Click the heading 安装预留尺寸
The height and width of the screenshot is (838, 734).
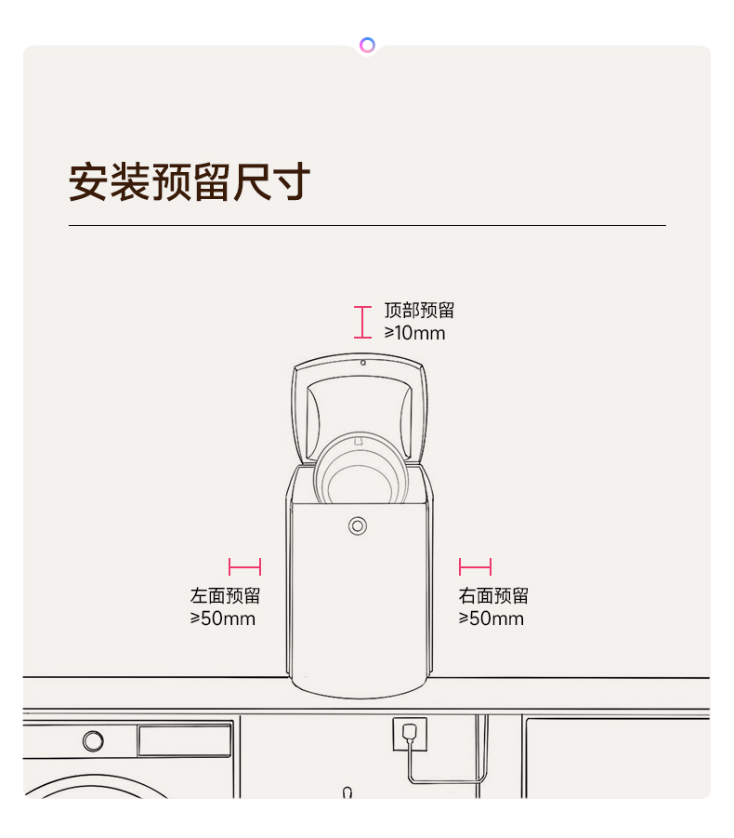(189, 181)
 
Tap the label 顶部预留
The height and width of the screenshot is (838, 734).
(419, 310)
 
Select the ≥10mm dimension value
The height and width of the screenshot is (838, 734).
(414, 333)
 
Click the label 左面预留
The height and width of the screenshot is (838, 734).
(225, 595)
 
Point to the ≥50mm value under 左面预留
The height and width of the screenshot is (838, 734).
(223, 619)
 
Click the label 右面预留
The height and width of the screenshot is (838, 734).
(493, 595)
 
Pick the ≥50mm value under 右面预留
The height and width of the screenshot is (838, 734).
(492, 619)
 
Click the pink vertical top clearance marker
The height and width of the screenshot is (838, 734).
(362, 322)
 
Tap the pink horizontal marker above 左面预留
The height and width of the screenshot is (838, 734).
(245, 567)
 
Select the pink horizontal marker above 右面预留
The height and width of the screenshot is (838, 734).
(475, 567)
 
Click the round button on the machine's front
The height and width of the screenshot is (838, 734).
(358, 525)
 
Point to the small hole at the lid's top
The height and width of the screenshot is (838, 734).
(363, 363)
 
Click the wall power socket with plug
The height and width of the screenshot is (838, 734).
(410, 734)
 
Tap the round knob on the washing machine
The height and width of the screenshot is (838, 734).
(94, 740)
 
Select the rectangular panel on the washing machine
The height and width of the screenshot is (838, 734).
(185, 740)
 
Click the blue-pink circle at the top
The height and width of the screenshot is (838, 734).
(367, 45)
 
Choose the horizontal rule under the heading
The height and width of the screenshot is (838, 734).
(367, 225)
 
